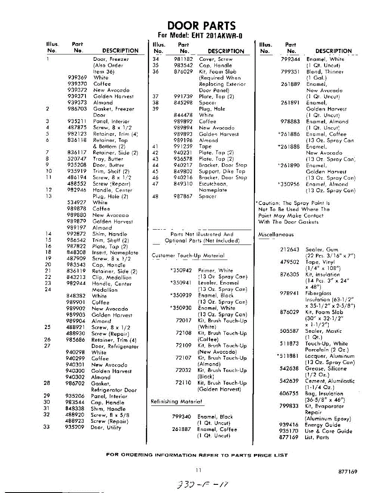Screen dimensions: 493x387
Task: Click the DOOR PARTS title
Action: tap(199, 25)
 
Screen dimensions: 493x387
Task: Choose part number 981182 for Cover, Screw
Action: tap(183, 59)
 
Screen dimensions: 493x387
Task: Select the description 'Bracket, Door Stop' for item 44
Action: tap(223, 165)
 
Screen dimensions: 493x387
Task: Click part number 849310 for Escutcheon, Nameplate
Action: tap(183, 184)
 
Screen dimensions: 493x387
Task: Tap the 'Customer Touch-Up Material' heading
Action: tap(188, 256)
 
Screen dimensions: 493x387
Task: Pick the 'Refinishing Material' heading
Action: tap(177, 401)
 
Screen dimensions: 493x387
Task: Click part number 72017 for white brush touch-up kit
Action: tap(183, 320)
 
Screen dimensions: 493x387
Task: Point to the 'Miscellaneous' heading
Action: tap(276, 235)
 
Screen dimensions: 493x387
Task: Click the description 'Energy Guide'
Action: tap(323, 425)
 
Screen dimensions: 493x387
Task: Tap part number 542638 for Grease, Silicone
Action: tap(289, 369)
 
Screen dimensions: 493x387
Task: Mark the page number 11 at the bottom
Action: tap(198, 471)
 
